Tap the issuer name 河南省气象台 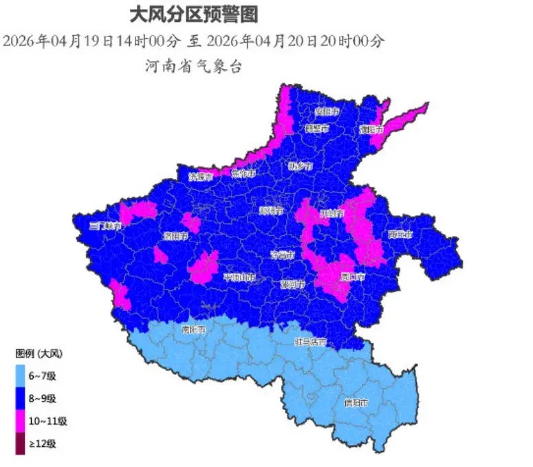coord(193,67)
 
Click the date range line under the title coord(193,41)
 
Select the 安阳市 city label coord(327,111)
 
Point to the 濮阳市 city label coord(371,129)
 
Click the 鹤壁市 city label coord(317,129)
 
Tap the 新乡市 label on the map coord(301,166)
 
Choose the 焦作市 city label coord(243,173)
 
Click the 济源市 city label coord(201,177)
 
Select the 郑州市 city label coord(272,211)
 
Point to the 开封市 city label coord(331,213)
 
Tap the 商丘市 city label coord(400,235)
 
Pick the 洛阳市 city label coord(176,236)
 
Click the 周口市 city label coord(352,277)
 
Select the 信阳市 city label coord(356,402)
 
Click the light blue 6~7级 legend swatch coord(22,376)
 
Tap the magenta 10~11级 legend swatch coord(22,421)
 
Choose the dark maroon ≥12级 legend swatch coord(22,444)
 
